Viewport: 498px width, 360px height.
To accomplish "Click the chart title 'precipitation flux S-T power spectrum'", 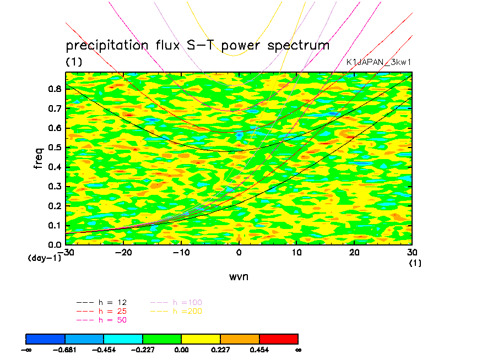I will [197, 46].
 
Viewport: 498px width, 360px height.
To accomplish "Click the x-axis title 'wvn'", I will [239, 276].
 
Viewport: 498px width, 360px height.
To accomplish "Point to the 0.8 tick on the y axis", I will [55, 90].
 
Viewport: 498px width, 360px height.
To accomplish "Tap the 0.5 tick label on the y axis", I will [55, 148].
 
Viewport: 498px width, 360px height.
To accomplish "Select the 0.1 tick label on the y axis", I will [55, 225].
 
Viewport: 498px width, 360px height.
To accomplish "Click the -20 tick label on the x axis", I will [123, 252].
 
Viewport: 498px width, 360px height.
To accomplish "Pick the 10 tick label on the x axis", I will [296, 252].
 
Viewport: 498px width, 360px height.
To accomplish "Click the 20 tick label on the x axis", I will [354, 252].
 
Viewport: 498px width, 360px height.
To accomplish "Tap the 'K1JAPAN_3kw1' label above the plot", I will [378, 62].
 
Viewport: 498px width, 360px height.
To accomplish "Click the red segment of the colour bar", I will [278, 338].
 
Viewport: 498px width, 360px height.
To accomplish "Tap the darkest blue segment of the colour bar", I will [46, 338].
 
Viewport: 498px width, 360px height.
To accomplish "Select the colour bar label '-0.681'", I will [65, 350].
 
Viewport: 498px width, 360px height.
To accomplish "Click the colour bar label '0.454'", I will [259, 350].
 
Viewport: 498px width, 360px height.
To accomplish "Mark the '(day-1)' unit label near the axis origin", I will [44, 258].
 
